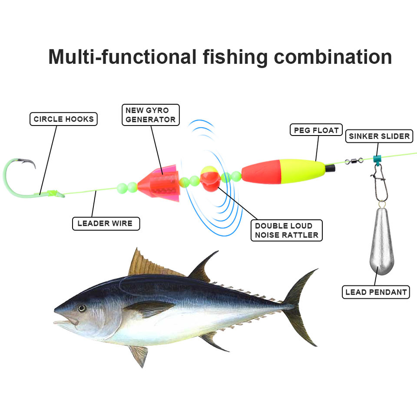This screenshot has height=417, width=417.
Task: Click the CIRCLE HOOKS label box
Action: pos(63,119)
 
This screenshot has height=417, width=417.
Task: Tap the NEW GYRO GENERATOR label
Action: pos(150,115)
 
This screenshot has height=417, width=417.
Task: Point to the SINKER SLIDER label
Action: pos(379,136)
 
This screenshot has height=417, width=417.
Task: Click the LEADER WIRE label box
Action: pos(105,224)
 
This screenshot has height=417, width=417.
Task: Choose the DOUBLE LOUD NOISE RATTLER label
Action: pos(287,231)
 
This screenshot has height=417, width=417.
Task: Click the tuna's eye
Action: pos(81,308)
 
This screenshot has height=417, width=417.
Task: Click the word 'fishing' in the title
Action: pos(235,57)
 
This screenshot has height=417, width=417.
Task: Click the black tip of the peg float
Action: pos(330,167)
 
